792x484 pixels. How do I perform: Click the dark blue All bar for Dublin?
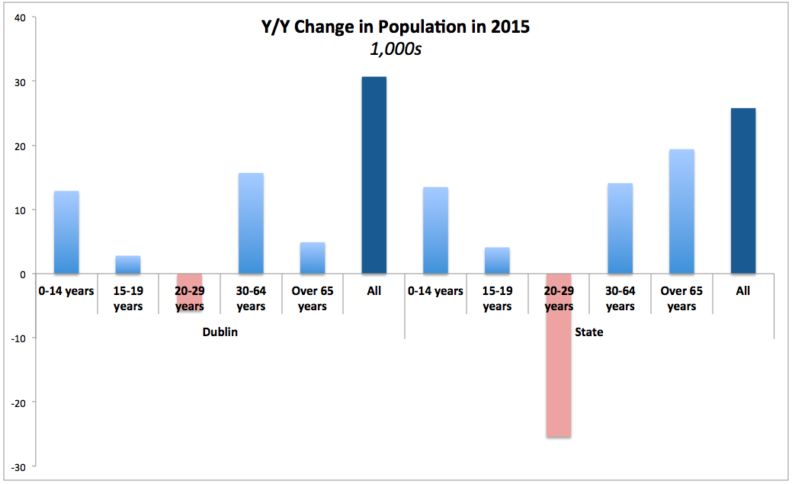coord(374,175)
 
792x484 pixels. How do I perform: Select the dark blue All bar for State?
coord(743,191)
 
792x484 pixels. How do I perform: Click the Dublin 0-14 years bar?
coord(66,232)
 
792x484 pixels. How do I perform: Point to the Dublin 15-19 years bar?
coord(128,264)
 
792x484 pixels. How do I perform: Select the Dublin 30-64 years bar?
coord(251,223)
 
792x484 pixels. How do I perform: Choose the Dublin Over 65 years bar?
coord(313,258)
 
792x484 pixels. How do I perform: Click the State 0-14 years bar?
coord(435,230)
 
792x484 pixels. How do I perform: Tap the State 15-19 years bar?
coord(497,261)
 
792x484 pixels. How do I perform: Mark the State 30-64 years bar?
coord(620,229)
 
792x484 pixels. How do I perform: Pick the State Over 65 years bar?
coord(681,212)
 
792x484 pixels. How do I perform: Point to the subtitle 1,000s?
coord(395,50)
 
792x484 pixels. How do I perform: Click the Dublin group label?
coord(220,332)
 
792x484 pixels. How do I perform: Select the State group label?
coord(589,332)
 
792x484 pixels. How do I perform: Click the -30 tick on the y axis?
coord(18,466)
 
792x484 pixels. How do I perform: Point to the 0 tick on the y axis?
coord(22,274)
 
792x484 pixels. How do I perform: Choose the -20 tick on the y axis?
coord(18,402)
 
